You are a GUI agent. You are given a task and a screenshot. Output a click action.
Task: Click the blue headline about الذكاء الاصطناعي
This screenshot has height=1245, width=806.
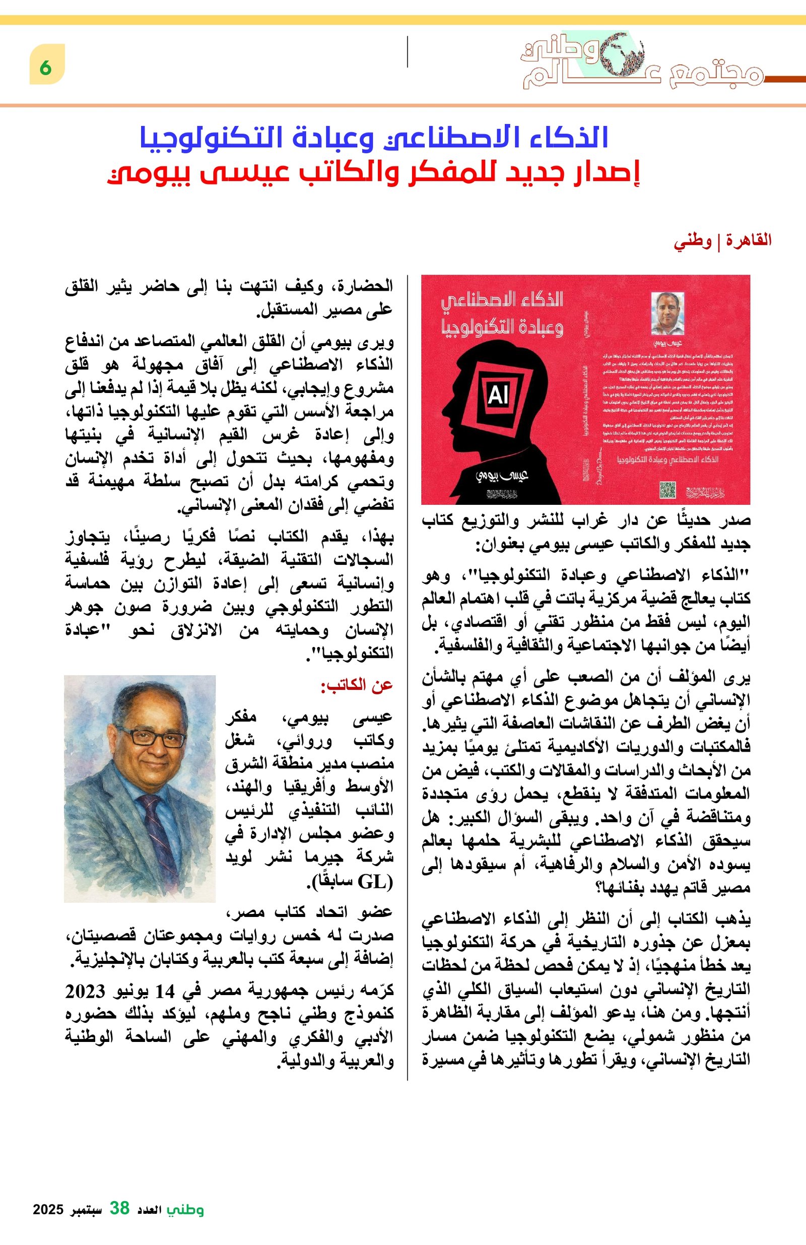374,138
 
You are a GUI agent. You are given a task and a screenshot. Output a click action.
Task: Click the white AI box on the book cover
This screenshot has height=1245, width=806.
498,396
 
